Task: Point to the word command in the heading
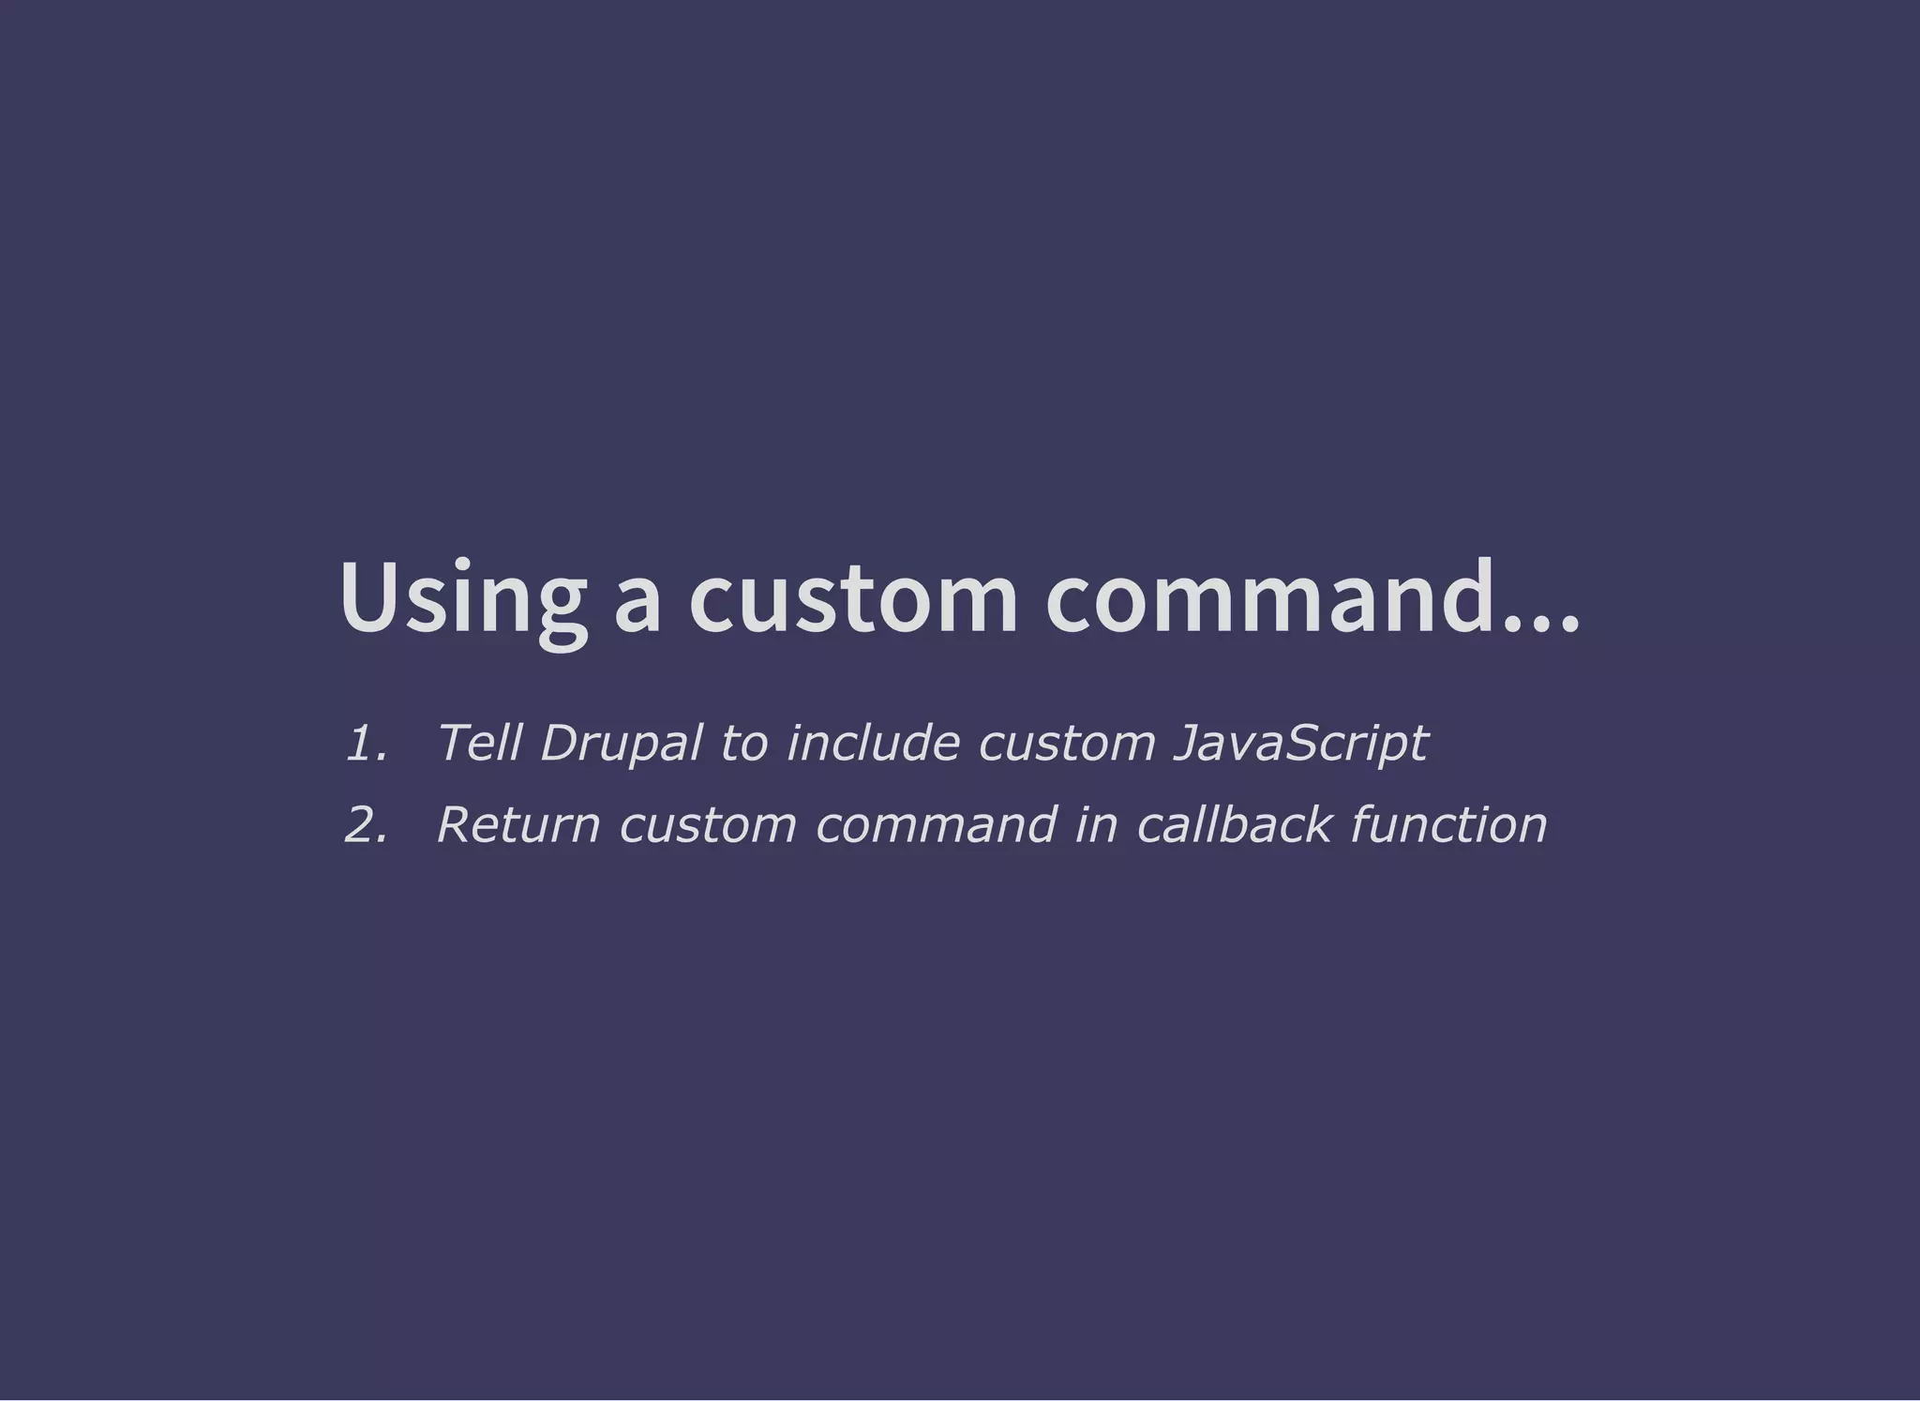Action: pyautogui.click(x=1269, y=599)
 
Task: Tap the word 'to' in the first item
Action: pyautogui.click(x=743, y=745)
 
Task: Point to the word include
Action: pyautogui.click(x=872, y=744)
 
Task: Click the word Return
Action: pyautogui.click(x=517, y=825)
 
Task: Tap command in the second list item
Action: pyautogui.click(x=937, y=825)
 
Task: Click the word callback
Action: pyautogui.click(x=1233, y=825)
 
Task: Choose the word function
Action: pyautogui.click(x=1448, y=825)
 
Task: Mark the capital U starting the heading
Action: pyautogui.click(x=367, y=599)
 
